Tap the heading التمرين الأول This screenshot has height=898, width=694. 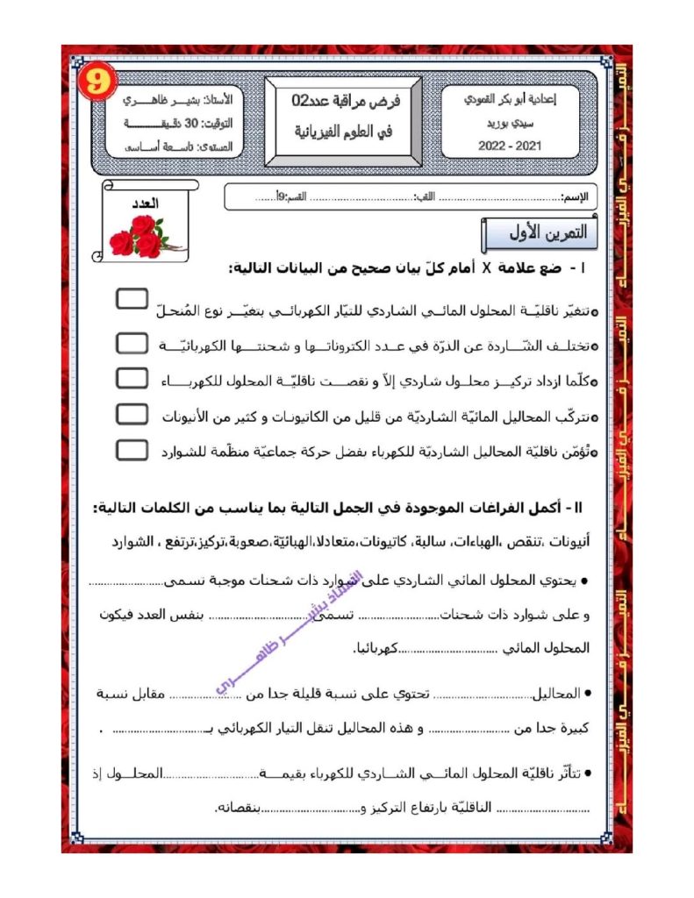click(x=540, y=234)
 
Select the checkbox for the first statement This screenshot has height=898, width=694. click(x=132, y=299)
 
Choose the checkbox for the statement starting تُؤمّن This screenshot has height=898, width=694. click(x=132, y=449)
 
